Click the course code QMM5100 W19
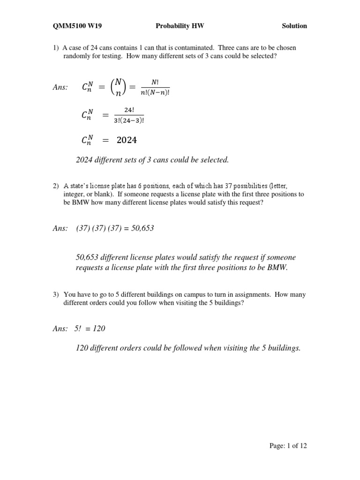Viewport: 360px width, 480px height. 77,26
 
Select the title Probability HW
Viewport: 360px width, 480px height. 180,26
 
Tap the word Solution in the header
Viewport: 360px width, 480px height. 294,26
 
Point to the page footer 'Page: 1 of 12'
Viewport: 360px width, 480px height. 288,446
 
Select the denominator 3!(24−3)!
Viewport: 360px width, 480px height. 128,120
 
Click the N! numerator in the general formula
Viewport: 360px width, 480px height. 155,82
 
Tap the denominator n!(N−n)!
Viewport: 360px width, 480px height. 155,91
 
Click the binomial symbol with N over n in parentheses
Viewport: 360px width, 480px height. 115,87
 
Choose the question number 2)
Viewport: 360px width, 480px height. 56,186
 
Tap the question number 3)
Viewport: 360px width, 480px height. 56,295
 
